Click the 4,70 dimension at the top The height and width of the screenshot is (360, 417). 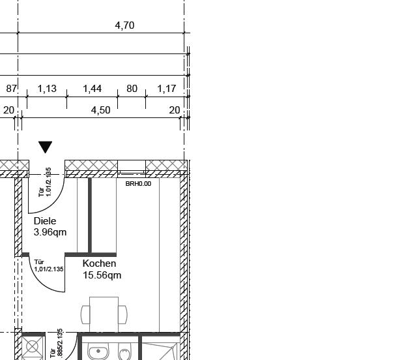[x=124, y=25]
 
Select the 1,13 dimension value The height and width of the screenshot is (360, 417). [x=47, y=89]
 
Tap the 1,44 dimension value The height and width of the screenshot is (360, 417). [x=93, y=89]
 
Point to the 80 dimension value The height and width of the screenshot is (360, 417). [x=132, y=89]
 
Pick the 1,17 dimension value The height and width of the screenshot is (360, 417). [x=167, y=89]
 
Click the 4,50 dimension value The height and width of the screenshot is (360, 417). [x=100, y=110]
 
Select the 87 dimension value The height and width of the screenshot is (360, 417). [x=12, y=89]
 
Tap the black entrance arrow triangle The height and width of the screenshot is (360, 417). [x=45, y=147]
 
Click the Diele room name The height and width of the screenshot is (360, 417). [x=45, y=221]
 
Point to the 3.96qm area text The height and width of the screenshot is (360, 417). [x=50, y=232]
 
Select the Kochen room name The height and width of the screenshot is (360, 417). [x=99, y=263]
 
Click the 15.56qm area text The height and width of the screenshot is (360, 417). [x=102, y=275]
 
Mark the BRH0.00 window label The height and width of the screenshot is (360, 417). [x=138, y=184]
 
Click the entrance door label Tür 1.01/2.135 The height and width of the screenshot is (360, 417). [x=45, y=182]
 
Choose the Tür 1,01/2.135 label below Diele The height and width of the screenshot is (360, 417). [x=49, y=265]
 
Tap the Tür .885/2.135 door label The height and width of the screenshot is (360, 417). [x=57, y=344]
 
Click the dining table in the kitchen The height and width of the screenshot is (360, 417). [x=104, y=314]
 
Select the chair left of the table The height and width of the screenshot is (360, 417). [x=85, y=315]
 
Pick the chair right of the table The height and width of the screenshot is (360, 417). [x=122, y=315]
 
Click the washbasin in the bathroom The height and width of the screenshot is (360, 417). [x=98, y=352]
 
